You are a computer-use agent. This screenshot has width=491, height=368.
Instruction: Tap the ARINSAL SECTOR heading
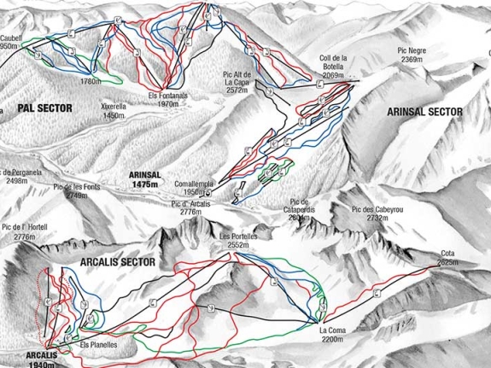tap(424, 112)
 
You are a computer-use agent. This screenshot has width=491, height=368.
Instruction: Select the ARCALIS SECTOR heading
tap(118, 262)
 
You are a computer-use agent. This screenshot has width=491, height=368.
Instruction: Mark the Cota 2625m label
tap(448, 257)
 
